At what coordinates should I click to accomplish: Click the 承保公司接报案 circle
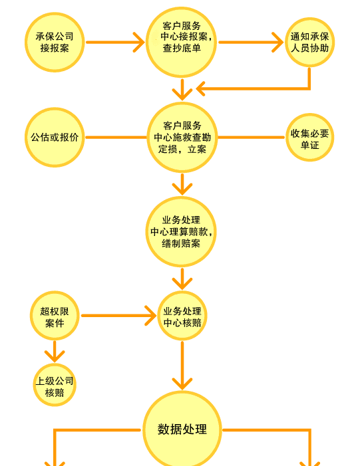pos(55,42)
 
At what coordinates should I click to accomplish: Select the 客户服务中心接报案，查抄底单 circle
pos(181,42)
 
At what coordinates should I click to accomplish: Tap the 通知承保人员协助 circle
pos(309,42)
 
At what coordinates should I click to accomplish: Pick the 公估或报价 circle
pos(55,138)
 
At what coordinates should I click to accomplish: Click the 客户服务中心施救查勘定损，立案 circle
pos(182,138)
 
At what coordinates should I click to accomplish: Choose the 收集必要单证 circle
pos(309,138)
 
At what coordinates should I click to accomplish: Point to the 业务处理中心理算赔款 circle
pos(181,232)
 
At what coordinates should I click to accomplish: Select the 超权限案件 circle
pos(55,316)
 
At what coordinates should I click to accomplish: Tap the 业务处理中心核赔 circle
pos(182,316)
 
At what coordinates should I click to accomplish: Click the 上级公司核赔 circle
pos(55,385)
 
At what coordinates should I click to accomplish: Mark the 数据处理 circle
pos(182,429)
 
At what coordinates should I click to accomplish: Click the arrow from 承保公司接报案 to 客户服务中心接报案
pos(115,42)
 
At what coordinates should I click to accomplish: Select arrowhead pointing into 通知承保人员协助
pos(277,42)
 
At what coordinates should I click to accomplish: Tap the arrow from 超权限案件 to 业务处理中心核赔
pos(118,316)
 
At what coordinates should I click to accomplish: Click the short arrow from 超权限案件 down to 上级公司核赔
pos(55,352)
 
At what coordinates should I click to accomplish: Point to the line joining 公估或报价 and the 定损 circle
pos(116,138)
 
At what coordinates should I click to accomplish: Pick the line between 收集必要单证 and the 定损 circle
pos(252,138)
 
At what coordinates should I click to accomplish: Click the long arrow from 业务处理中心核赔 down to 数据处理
pos(182,366)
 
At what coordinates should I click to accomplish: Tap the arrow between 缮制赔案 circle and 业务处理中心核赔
pos(182,279)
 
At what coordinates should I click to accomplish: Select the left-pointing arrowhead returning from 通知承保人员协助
pos(201,88)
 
